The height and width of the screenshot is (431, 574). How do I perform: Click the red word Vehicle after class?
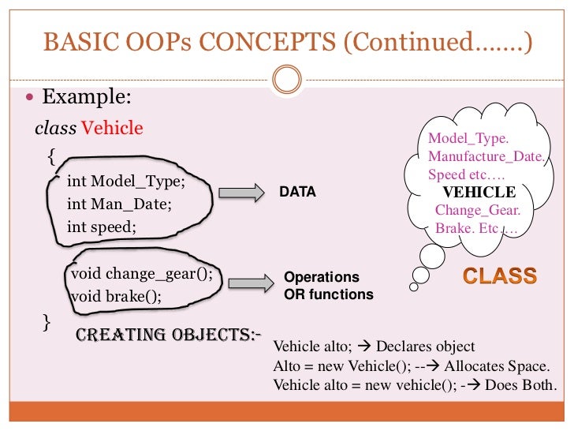[112, 127]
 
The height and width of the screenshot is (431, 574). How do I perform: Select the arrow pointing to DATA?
[240, 193]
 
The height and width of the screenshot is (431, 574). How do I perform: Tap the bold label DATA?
[298, 192]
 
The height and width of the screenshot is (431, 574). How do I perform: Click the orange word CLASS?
[500, 276]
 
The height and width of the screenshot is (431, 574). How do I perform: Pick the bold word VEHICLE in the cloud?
[479, 193]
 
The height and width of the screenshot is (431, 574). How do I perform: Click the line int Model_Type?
[125, 181]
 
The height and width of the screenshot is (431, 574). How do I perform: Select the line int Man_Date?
[119, 204]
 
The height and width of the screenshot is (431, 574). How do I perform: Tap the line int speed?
[102, 227]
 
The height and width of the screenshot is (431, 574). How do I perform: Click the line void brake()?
[116, 297]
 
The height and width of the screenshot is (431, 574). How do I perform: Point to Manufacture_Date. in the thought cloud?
[486, 156]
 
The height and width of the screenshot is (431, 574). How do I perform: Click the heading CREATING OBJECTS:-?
[168, 334]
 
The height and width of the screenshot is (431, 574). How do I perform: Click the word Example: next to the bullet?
[86, 98]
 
